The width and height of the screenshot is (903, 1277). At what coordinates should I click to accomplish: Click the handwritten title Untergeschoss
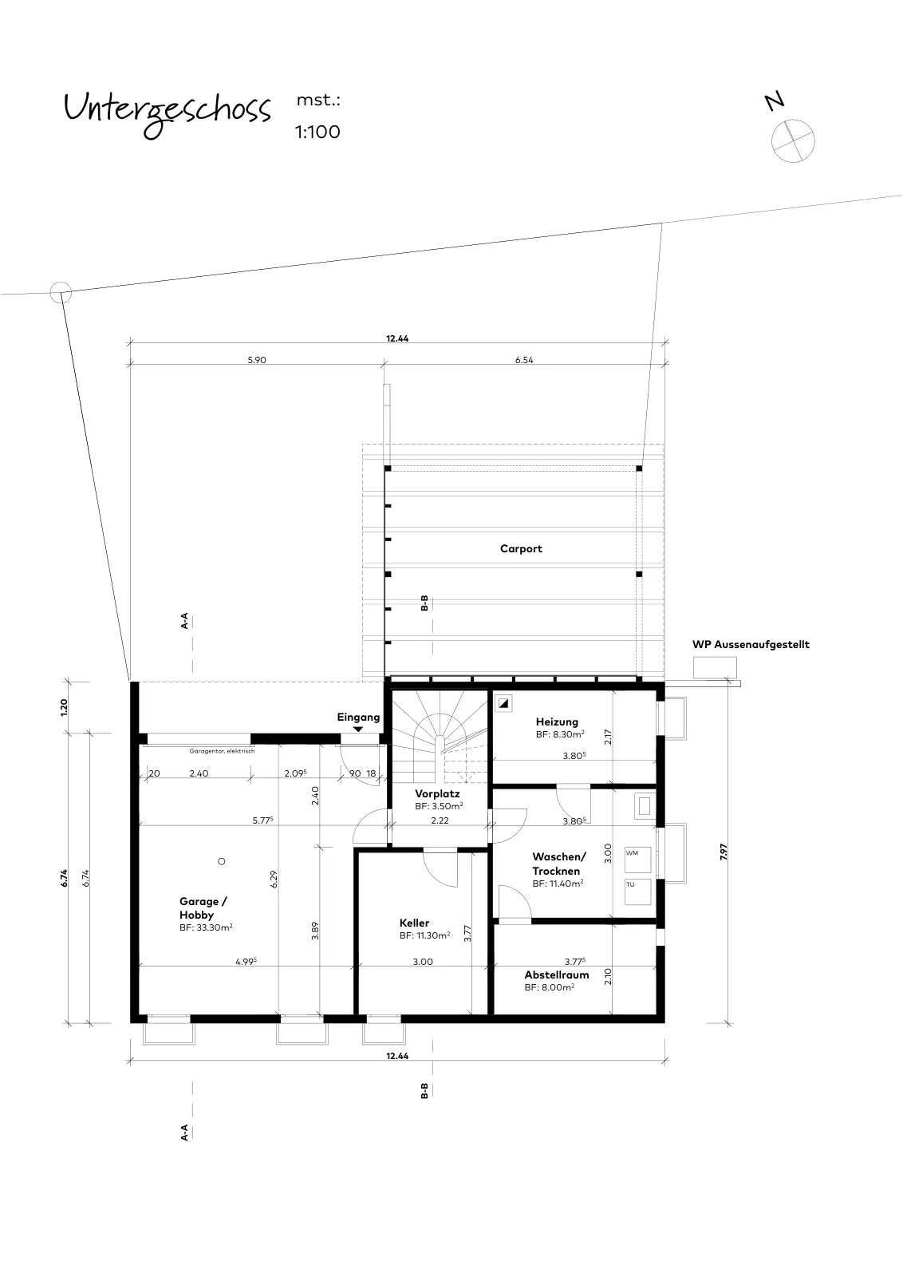click(x=167, y=113)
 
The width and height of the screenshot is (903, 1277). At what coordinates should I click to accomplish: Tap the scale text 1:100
click(x=317, y=132)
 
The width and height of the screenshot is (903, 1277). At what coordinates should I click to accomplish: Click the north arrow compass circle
click(x=792, y=140)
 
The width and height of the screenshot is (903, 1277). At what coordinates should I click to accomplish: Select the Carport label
click(x=521, y=548)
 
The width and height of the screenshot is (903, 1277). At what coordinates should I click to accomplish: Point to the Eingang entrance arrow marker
click(x=358, y=729)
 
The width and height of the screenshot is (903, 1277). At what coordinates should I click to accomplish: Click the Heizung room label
click(x=557, y=722)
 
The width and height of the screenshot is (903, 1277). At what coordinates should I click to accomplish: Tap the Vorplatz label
click(x=437, y=793)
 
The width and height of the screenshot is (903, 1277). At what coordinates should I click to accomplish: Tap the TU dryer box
click(x=637, y=892)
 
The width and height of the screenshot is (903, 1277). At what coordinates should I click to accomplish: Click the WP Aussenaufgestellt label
click(x=751, y=645)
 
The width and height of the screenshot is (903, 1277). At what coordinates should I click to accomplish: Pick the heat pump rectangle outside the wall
click(x=715, y=667)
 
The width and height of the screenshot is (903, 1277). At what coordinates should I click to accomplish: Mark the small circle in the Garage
click(x=222, y=861)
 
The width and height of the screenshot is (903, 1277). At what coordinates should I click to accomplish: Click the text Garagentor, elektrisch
click(x=222, y=751)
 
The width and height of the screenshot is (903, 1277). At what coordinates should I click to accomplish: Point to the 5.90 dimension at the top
click(x=256, y=360)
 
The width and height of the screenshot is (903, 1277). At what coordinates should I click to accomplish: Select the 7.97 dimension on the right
click(x=724, y=852)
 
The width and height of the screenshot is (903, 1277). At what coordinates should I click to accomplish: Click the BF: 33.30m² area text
click(x=206, y=927)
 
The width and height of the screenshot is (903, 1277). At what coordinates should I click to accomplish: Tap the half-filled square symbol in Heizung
click(x=503, y=703)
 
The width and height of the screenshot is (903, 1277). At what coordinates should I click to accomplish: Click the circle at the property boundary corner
click(x=61, y=292)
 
